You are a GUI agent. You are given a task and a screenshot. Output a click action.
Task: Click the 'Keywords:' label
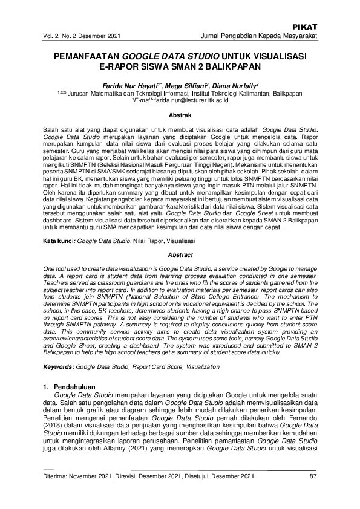[59, 367]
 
